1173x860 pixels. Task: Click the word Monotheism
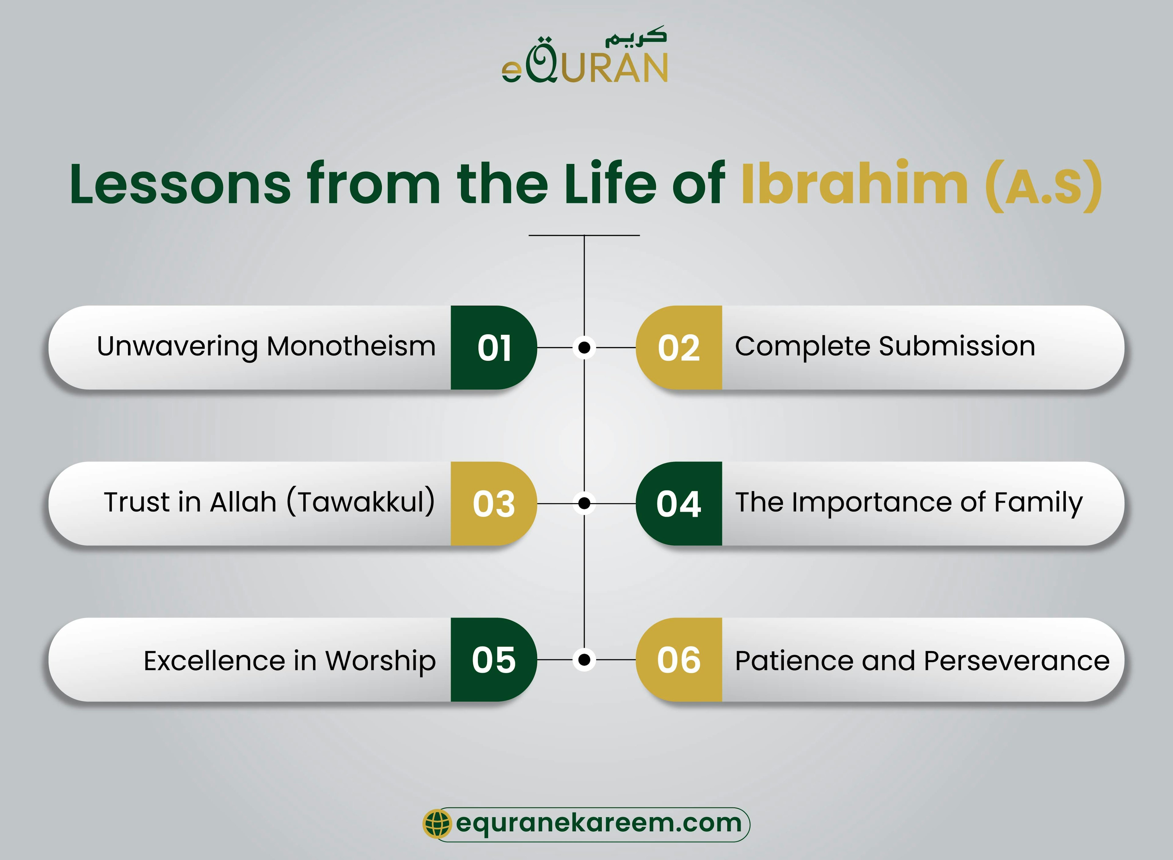coord(351,346)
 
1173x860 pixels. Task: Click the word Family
coord(1038,503)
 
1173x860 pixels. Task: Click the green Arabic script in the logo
coord(635,38)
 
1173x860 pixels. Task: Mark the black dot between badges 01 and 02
coord(584,347)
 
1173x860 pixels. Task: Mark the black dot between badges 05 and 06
coord(584,660)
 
